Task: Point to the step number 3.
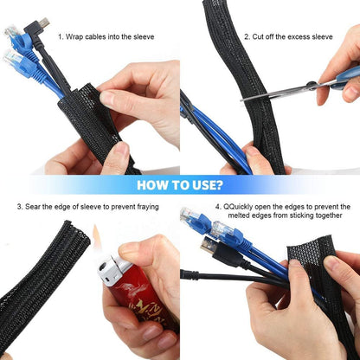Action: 19,207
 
